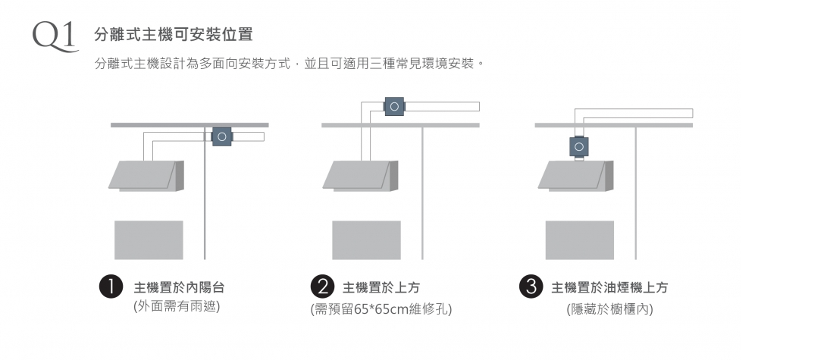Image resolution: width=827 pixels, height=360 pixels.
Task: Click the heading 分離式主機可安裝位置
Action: click(174, 35)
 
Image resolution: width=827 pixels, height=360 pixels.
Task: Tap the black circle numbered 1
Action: click(111, 286)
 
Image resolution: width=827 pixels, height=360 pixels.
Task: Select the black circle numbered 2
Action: click(322, 286)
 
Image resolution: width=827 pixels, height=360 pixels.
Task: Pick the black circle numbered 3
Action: click(531, 286)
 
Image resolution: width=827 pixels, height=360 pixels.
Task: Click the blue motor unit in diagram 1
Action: click(222, 137)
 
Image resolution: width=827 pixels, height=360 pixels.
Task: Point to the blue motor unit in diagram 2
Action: click(394, 107)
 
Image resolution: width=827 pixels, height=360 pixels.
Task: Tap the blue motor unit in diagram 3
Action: click(578, 146)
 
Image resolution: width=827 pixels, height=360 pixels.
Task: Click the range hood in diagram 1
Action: click(146, 176)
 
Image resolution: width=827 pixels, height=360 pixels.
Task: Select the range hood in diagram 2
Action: click(361, 176)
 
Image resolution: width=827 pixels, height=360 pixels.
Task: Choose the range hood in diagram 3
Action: click(576, 176)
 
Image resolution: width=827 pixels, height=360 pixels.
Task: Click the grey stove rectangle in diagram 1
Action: click(149, 239)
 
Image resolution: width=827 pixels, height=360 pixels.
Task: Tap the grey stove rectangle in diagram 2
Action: click(367, 239)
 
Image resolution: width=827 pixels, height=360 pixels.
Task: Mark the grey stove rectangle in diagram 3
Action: click(580, 239)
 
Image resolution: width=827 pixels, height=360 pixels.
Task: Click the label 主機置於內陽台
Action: click(180, 287)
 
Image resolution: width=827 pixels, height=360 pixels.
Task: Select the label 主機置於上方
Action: click(381, 287)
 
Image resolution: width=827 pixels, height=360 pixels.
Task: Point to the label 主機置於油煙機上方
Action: click(609, 287)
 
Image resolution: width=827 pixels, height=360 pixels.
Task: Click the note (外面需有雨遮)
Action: click(177, 306)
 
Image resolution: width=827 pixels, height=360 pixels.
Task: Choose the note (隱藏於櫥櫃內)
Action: click(609, 309)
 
